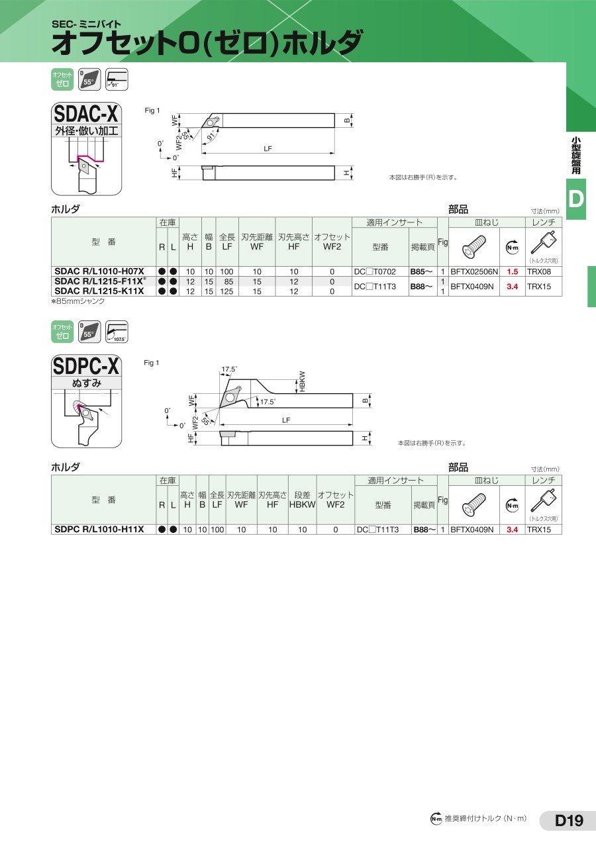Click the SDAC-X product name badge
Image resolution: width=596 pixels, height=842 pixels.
click(86, 113)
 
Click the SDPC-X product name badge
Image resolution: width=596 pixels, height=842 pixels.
click(86, 366)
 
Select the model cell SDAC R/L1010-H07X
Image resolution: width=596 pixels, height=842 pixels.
click(99, 271)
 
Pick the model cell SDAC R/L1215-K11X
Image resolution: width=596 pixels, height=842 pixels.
click(99, 291)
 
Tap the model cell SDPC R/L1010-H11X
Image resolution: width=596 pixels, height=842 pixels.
click(99, 530)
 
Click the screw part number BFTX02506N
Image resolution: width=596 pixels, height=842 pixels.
click(474, 272)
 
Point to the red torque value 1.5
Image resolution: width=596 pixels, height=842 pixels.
click(512, 272)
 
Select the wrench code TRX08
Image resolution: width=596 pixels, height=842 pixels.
click(539, 272)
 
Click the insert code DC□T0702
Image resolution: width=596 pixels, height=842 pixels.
click(375, 272)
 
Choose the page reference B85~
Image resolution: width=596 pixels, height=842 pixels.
click(422, 272)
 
